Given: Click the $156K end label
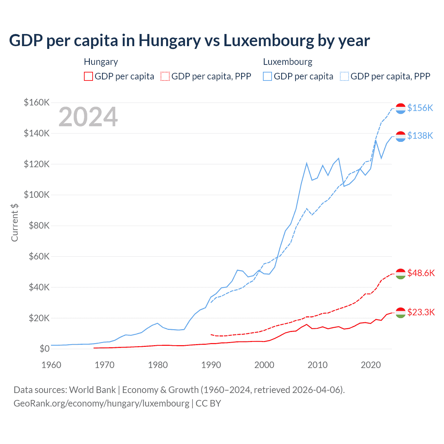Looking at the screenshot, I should pyautogui.click(x=420, y=108).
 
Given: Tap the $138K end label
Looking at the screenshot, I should pyautogui.click(x=420, y=136).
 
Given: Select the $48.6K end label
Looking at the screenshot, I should pyautogui.click(x=421, y=273).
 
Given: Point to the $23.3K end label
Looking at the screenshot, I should pyautogui.click(x=421, y=312).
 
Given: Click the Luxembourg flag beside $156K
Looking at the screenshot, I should pyautogui.click(x=401, y=109).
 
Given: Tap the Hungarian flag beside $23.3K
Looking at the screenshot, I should pyautogui.click(x=401, y=313).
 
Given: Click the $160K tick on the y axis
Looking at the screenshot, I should pyautogui.click(x=37, y=102).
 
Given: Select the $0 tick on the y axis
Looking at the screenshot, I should pyautogui.click(x=44, y=349).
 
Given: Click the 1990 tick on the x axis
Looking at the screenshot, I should pyautogui.click(x=211, y=365).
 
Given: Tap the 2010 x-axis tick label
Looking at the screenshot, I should pyautogui.click(x=317, y=365).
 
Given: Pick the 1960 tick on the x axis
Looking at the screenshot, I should pyautogui.click(x=51, y=365).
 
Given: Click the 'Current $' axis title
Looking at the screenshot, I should pyautogui.click(x=15, y=223).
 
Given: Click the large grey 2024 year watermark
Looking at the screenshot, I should pyautogui.click(x=88, y=117).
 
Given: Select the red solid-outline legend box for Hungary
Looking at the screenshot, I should pyautogui.click(x=88, y=76).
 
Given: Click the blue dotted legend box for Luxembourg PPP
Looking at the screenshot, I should pyautogui.click(x=344, y=76).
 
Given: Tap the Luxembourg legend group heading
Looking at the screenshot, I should pyautogui.click(x=288, y=62).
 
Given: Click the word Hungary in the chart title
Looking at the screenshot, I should pyautogui.click(x=170, y=41).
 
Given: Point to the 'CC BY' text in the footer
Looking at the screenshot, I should pyautogui.click(x=208, y=403).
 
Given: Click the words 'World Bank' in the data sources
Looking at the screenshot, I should pyautogui.click(x=92, y=390).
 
